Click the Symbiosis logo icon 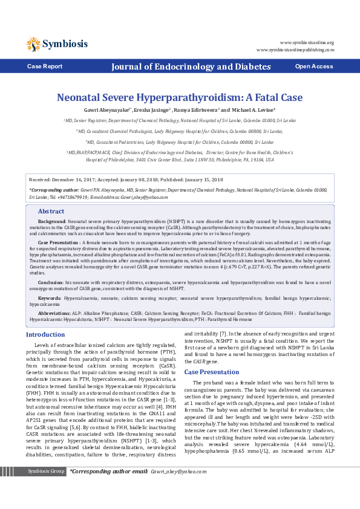33,44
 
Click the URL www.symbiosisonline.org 307,43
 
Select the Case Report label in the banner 44,66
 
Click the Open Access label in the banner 313,66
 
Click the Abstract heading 51,212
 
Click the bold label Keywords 49,298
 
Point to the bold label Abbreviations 54,313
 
